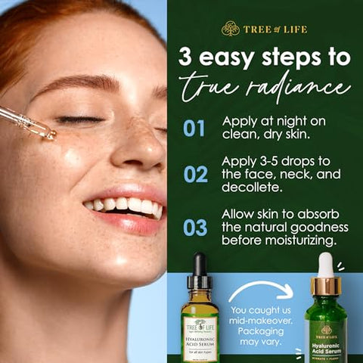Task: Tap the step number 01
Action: (x=194, y=128)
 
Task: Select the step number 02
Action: (x=195, y=175)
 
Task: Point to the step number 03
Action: (x=195, y=227)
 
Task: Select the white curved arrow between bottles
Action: (x=261, y=290)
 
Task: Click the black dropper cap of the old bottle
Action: (x=199, y=268)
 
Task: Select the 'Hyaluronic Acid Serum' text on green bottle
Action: (x=326, y=348)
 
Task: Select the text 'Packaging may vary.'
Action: (x=258, y=337)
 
